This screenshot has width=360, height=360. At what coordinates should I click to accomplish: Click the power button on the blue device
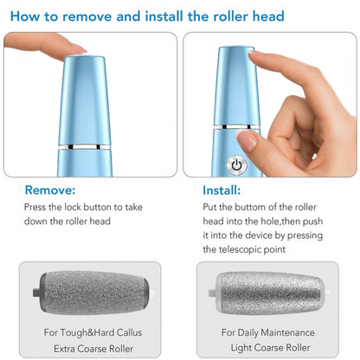click(x=235, y=164)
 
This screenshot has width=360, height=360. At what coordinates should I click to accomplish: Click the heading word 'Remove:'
click(x=49, y=190)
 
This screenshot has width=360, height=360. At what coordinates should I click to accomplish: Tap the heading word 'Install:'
click(x=222, y=190)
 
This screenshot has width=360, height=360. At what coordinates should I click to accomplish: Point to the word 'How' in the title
click(x=25, y=16)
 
